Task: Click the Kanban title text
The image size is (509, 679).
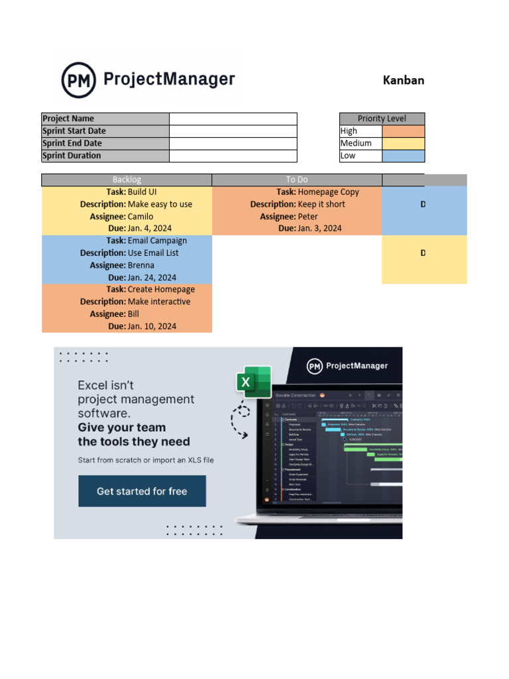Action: pyautogui.click(x=403, y=80)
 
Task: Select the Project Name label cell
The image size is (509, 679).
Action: pyautogui.click(x=105, y=119)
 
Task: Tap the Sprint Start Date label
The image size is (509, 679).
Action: pyautogui.click(x=105, y=131)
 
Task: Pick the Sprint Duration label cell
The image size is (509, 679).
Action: pyautogui.click(x=105, y=156)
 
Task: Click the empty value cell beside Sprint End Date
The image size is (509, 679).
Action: pyautogui.click(x=233, y=144)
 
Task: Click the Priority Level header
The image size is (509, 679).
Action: pyautogui.click(x=382, y=119)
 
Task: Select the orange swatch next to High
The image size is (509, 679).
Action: pyautogui.click(x=403, y=131)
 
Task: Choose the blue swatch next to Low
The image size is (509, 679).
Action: pyautogui.click(x=403, y=156)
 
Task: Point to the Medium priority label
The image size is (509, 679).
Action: pyautogui.click(x=356, y=144)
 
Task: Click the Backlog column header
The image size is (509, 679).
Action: pyautogui.click(x=127, y=180)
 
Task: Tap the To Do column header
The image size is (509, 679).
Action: pyautogui.click(x=297, y=180)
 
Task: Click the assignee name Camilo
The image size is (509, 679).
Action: pyautogui.click(x=141, y=217)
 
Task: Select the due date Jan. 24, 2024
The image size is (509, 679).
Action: pyautogui.click(x=152, y=278)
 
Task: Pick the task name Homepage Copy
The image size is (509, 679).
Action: pyautogui.click(x=328, y=192)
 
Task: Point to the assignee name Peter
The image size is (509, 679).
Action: pyautogui.click(x=308, y=217)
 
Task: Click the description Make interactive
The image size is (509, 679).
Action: pyautogui.click(x=159, y=302)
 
